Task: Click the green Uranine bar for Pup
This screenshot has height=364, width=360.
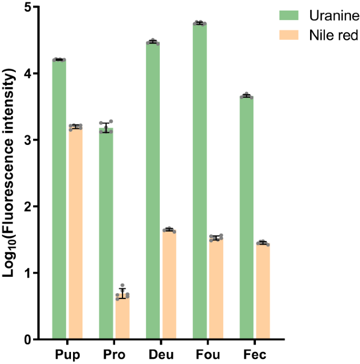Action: coord(59,200)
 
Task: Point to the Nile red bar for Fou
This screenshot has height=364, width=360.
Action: coord(216,289)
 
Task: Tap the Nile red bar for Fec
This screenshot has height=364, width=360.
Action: coord(263,291)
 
